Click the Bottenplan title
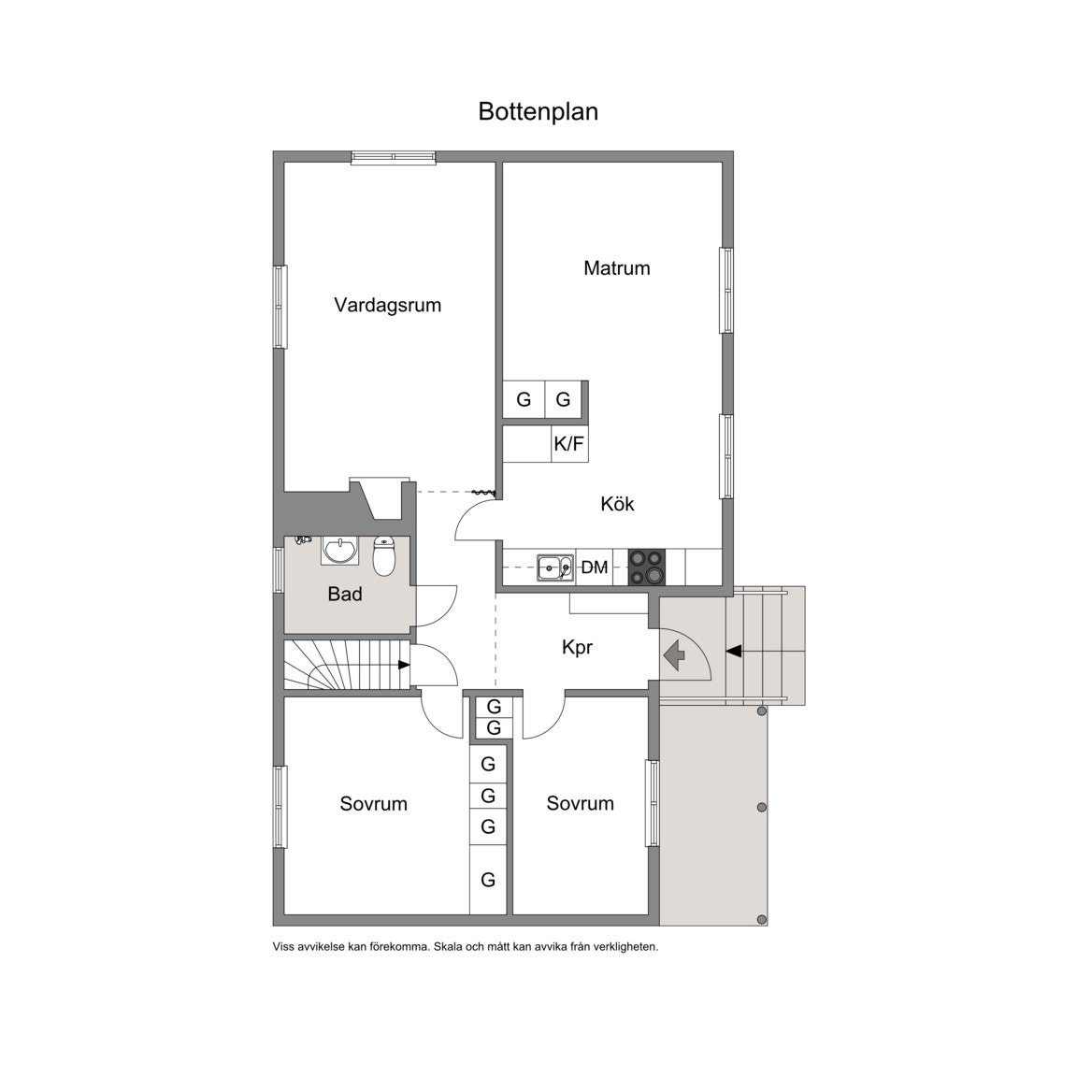[x=538, y=111]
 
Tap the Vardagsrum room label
[x=387, y=305]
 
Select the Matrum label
[x=616, y=268]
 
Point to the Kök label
[x=617, y=504]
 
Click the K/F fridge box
[x=569, y=444]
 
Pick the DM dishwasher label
[x=595, y=567]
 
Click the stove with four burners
[x=646, y=567]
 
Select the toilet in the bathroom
[x=384, y=556]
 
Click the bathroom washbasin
[x=338, y=551]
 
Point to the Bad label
[x=345, y=594]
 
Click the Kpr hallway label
[x=577, y=647]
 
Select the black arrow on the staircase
[x=404, y=665]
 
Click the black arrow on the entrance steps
[x=733, y=651]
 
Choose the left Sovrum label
[x=373, y=803]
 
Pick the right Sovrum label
[x=580, y=803]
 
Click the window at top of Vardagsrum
[x=394, y=158]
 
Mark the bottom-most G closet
[x=488, y=880]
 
